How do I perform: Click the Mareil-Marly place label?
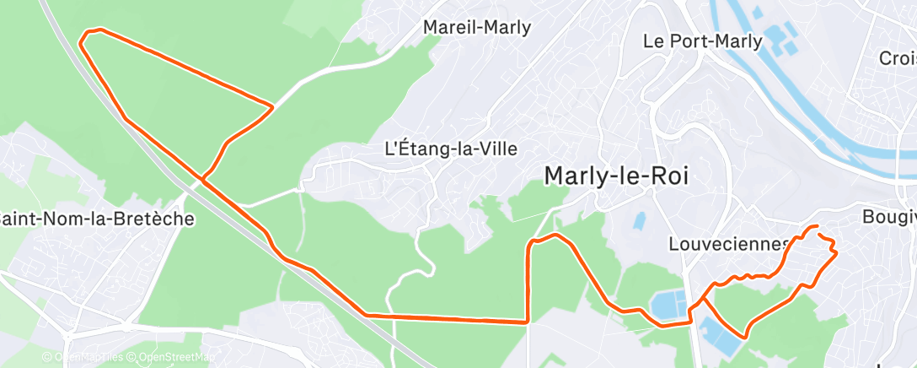click(x=477, y=27)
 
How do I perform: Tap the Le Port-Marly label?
click(x=702, y=41)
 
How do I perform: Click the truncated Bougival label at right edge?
click(x=888, y=217)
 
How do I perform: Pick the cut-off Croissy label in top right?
click(x=897, y=58)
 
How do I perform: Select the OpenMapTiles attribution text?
click(x=88, y=357)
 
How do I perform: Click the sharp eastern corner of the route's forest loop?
click(x=272, y=107)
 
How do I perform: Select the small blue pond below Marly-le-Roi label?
click(x=640, y=221)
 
